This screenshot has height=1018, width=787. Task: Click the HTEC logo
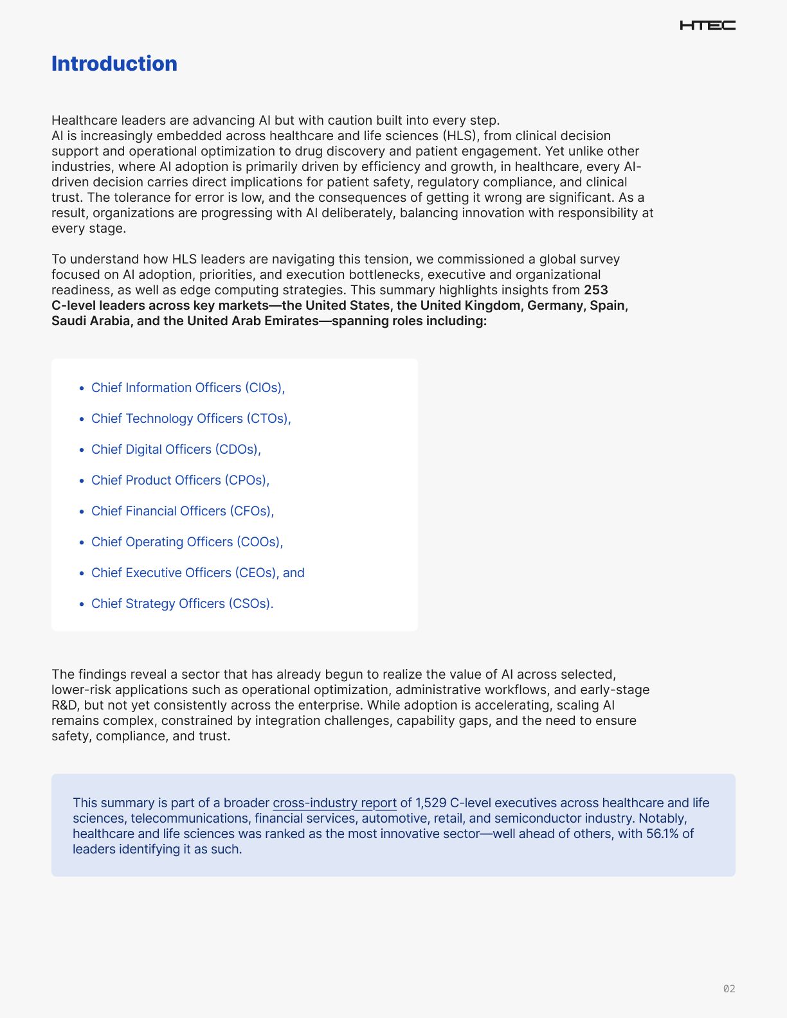[707, 26]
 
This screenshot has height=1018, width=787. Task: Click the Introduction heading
[114, 64]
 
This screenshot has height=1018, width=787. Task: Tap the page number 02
[728, 989]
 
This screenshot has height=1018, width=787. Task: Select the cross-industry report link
[334, 803]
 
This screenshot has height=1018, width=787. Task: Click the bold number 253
[596, 290]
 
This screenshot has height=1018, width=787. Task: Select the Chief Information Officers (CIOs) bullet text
[188, 388]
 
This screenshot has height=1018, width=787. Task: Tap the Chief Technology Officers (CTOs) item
[191, 418]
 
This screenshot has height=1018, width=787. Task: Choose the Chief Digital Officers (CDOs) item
[176, 449]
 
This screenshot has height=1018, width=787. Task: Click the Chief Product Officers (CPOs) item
[180, 480]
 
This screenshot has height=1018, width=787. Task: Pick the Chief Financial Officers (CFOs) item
[183, 511]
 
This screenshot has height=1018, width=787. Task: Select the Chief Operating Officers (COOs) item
[187, 542]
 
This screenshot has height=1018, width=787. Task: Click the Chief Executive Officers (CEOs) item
[198, 573]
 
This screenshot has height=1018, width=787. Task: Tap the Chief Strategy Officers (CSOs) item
[182, 603]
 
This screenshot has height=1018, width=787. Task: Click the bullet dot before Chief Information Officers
[82, 388]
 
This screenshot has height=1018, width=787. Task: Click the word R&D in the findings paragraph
[64, 705]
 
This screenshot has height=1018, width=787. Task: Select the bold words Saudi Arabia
[91, 321]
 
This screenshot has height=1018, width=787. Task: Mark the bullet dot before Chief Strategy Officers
[82, 604]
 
